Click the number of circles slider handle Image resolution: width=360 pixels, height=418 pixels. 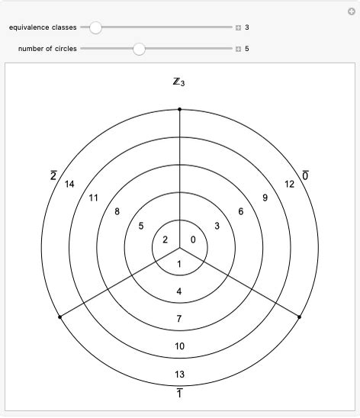coord(139,50)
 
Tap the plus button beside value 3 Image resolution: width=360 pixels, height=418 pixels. coord(239,27)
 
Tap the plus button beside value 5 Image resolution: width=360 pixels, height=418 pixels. coord(239,50)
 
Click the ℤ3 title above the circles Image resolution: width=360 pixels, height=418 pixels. coord(179,82)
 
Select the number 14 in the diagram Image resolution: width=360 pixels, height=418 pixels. coord(69,184)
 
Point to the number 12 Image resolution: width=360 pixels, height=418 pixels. coord(289,184)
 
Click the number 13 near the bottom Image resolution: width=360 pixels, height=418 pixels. coord(179,375)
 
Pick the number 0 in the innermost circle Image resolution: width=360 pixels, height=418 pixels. coord(193,240)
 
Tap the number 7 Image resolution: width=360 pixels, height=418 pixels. coord(179,318)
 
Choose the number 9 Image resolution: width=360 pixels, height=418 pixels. coord(265,198)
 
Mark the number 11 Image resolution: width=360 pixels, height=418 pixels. coord(94,198)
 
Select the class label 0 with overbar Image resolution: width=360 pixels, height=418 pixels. coord(306,176)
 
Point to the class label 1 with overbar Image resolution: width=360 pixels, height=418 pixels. coord(179,393)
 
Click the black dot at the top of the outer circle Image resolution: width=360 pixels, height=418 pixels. coord(179,109)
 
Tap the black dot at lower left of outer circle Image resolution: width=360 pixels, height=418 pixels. coord(59,317)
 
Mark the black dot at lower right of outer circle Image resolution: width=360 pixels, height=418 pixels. coord(299,317)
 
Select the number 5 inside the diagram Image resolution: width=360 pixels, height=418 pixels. coord(141,226)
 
